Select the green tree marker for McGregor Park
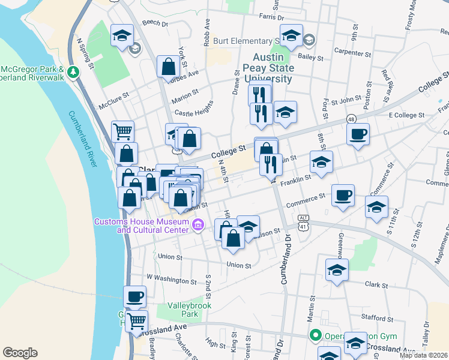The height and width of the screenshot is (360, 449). click(73, 72)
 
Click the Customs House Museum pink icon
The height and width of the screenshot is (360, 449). click(198, 226)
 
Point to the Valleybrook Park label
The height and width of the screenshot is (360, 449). click(182, 309)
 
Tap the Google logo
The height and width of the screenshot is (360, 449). click(20, 352)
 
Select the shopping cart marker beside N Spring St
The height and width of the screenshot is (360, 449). click(122, 130)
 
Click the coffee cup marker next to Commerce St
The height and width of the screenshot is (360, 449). click(343, 195)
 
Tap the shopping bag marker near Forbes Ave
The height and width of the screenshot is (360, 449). click(168, 67)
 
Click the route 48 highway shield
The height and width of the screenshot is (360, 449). click(351, 120)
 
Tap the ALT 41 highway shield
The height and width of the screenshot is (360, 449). click(304, 222)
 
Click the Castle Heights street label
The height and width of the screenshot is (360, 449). click(194, 112)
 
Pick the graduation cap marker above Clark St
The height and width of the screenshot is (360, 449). click(337, 269)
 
